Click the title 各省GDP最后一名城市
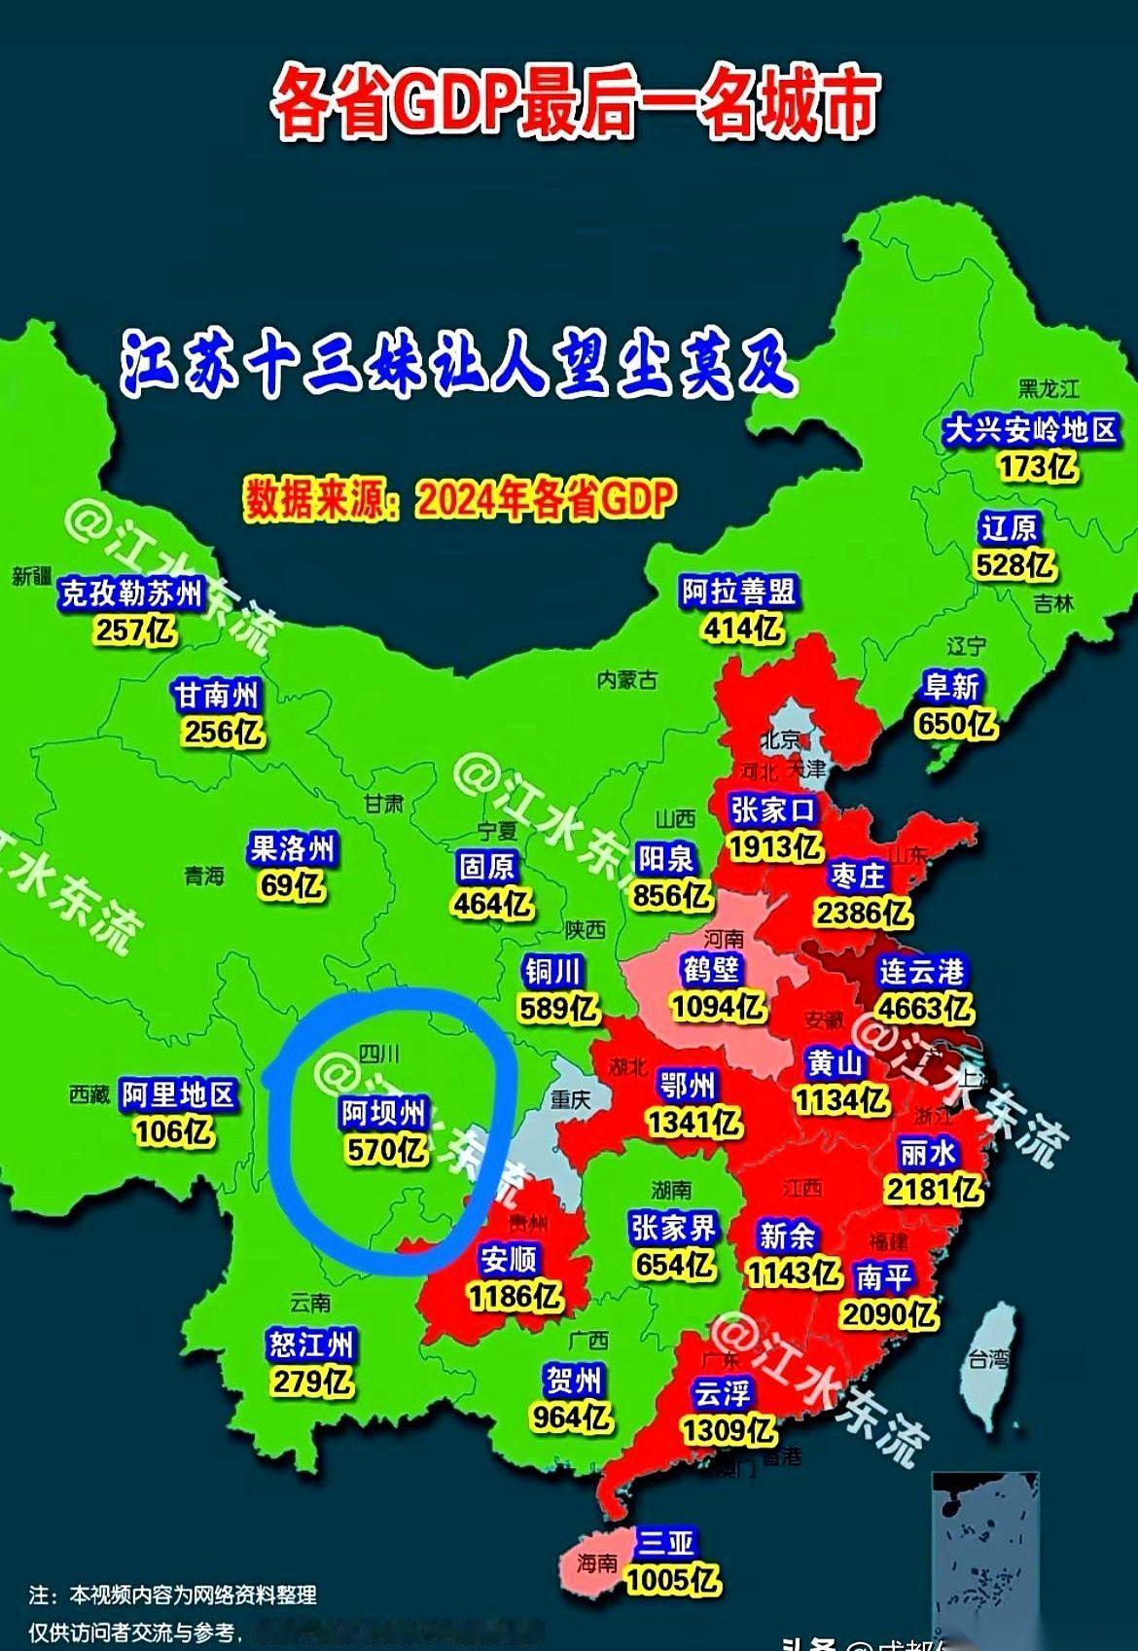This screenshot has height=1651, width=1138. pyautogui.click(x=574, y=102)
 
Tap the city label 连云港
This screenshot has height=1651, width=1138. pyautogui.click(x=921, y=971)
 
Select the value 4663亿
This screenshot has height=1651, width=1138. pyautogui.click(x=924, y=1007)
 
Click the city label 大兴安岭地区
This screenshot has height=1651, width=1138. pyautogui.click(x=1031, y=430)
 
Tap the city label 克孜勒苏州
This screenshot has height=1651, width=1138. pyautogui.click(x=131, y=593)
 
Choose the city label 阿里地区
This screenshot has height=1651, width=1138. pyautogui.click(x=178, y=1095)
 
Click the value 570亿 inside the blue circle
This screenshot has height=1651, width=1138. pyautogui.click(x=386, y=1150)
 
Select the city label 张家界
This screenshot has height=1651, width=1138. pyautogui.click(x=673, y=1228)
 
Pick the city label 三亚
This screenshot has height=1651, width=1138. pyautogui.click(x=667, y=1542)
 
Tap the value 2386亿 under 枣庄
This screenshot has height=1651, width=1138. pyautogui.click(x=863, y=913)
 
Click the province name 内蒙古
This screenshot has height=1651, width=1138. pyautogui.click(x=627, y=680)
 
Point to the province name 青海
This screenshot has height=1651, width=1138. pyautogui.click(x=204, y=876)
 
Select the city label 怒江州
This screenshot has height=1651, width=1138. pyautogui.click(x=312, y=1346)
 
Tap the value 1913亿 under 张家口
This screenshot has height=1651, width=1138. pyautogui.click(x=775, y=846)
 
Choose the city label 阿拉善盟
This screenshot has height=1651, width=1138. pyautogui.click(x=738, y=592)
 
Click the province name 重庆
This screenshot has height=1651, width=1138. pyautogui.click(x=570, y=1099)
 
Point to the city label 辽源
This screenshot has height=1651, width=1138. pyautogui.click(x=1010, y=529)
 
